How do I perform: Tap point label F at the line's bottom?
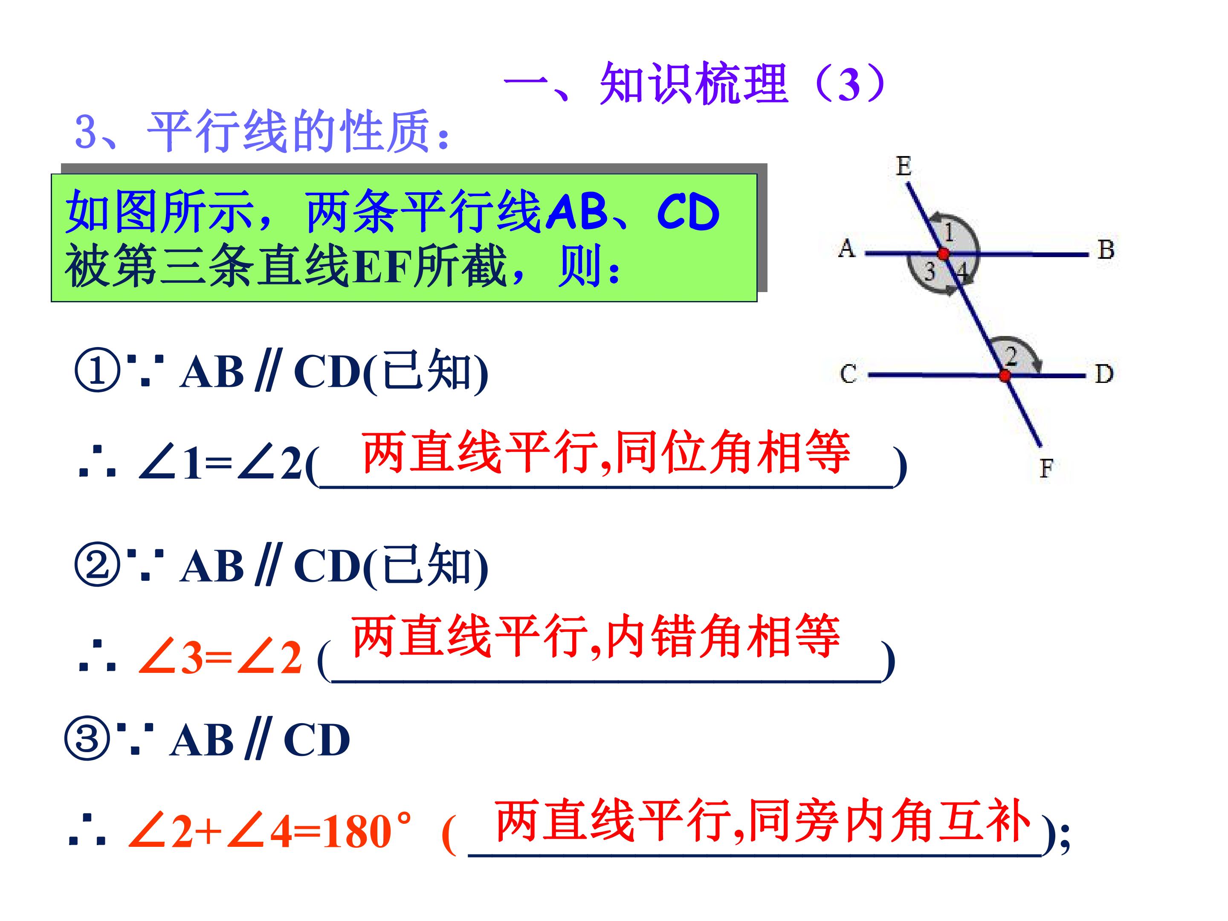click(x=1046, y=469)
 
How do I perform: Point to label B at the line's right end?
click(x=1106, y=249)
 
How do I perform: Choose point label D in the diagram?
click(x=1103, y=374)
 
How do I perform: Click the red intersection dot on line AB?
click(x=944, y=254)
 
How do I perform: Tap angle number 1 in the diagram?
click(x=949, y=232)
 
